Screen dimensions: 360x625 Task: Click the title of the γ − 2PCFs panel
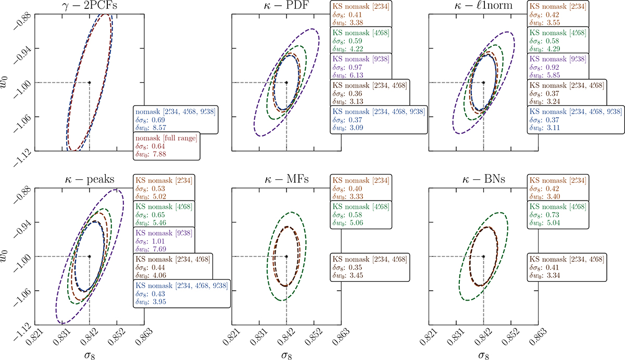[90, 6]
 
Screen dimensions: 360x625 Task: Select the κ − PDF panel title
[286, 6]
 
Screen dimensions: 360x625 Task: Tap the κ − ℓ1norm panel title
[483, 6]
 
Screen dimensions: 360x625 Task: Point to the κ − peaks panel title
[90, 180]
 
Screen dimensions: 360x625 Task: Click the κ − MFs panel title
[286, 180]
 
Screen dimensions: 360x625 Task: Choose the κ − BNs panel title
[483, 180]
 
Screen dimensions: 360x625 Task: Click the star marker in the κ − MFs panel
[286, 257]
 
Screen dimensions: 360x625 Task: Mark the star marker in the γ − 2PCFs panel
[90, 82]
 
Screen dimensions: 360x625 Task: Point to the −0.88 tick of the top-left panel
[19, 15]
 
